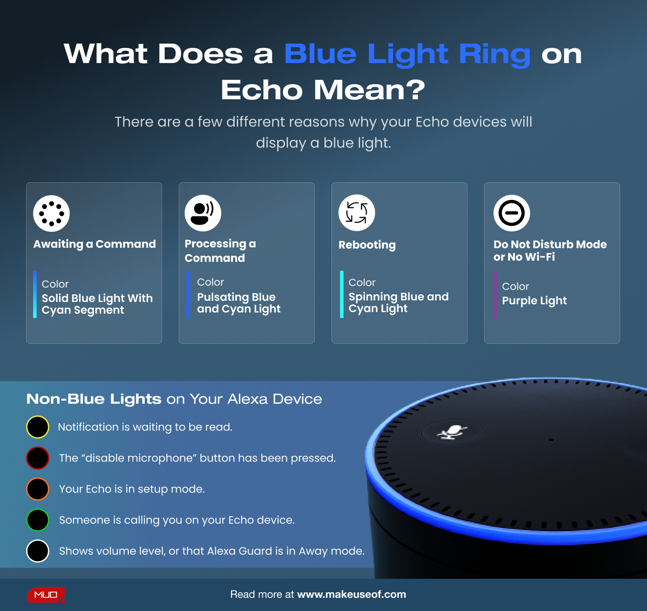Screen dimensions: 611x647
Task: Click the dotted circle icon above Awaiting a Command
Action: click(51, 213)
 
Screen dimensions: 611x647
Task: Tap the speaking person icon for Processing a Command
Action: click(203, 213)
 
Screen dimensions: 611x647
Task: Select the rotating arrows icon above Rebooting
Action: click(357, 213)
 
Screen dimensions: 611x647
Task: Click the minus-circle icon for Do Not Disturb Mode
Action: click(512, 213)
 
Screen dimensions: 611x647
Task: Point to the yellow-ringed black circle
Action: click(38, 427)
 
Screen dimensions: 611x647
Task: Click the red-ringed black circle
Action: click(38, 458)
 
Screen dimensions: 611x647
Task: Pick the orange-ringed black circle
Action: click(38, 489)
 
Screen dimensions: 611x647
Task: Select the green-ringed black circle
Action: click(38, 520)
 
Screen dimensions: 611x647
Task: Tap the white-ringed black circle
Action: click(38, 551)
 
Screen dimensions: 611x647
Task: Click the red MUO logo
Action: click(46, 595)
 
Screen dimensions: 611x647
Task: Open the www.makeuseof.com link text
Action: click(351, 594)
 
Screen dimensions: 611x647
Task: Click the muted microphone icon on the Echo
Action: click(452, 433)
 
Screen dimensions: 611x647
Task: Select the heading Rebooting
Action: click(367, 245)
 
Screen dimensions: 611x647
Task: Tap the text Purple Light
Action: click(534, 301)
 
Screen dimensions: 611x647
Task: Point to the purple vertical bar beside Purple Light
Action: click(495, 294)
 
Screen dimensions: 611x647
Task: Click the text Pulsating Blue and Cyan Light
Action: click(239, 303)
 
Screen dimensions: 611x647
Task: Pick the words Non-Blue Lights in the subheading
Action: click(94, 399)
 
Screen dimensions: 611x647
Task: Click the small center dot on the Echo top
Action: click(551, 440)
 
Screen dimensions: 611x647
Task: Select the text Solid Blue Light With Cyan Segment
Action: click(97, 304)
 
